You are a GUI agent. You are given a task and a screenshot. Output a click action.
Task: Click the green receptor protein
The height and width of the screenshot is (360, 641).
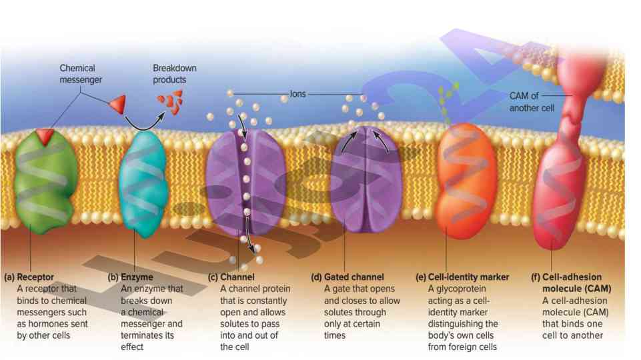tap(38, 180)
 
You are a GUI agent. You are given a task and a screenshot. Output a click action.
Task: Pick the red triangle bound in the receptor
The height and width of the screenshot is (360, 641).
tap(45, 136)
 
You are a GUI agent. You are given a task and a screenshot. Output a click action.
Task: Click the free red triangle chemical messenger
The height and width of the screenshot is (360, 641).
tap(117, 103)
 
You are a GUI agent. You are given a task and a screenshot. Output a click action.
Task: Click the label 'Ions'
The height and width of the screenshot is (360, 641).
tap(297, 94)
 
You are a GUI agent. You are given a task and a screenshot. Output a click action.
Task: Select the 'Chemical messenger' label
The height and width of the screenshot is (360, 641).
tap(77, 73)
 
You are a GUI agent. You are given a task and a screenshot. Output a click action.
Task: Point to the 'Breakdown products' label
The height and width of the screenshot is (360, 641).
tap(175, 73)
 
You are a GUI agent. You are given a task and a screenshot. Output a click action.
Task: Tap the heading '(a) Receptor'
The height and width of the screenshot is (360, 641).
tap(29, 277)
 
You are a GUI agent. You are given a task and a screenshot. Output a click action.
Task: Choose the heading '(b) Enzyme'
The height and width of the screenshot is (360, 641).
tap(131, 277)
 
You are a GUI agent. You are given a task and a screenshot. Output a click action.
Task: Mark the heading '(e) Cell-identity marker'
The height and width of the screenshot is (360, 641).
tap(462, 277)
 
